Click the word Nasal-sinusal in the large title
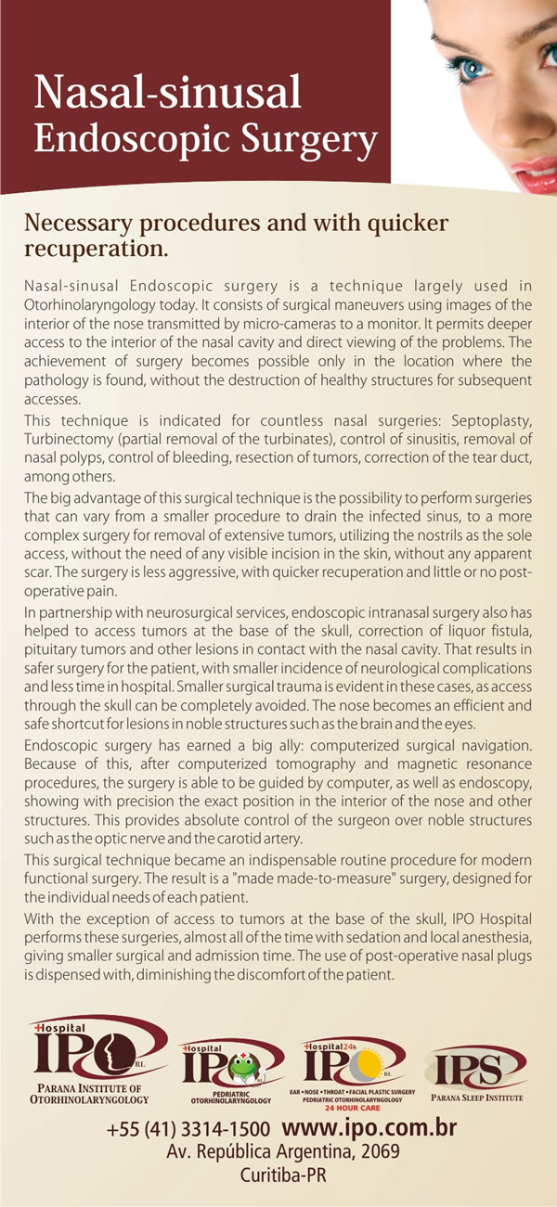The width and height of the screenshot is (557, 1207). pyautogui.click(x=168, y=94)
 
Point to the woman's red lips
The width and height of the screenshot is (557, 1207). pyautogui.click(x=537, y=172)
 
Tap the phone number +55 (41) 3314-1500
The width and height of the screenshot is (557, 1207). pyautogui.click(x=188, y=1131)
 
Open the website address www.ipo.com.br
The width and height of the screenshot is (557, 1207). pyautogui.click(x=369, y=1129)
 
